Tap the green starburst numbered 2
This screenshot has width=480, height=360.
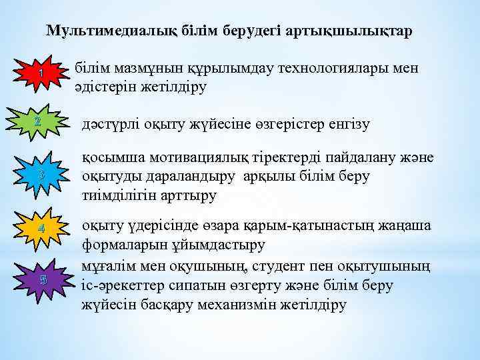point(38,122)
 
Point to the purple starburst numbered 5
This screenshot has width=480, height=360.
point(41,279)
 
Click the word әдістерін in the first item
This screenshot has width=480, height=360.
point(103,87)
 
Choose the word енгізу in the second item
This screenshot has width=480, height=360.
point(347,124)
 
